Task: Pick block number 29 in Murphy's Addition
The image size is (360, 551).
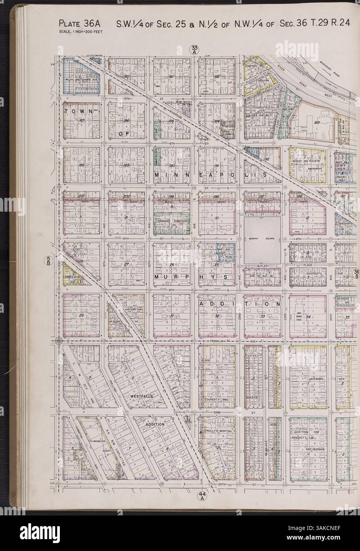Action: pos(81,315)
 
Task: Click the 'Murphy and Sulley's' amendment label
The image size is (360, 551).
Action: pos(309,162)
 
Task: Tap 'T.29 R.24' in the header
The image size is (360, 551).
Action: pos(332,23)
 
